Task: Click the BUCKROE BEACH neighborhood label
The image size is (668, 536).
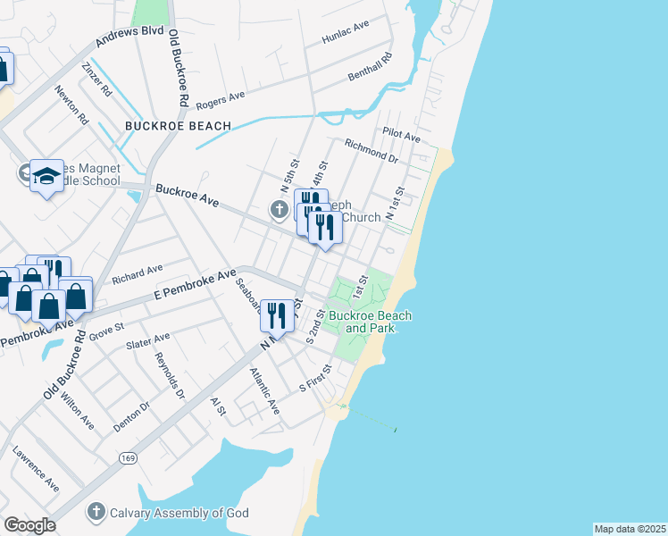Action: click(x=178, y=126)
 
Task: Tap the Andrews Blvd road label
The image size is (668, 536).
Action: click(x=130, y=38)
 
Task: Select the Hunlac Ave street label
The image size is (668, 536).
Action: click(x=347, y=33)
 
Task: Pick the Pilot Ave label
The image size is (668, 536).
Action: click(x=401, y=135)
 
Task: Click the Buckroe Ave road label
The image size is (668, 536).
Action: click(x=187, y=196)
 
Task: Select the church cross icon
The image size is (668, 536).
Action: click(x=280, y=210)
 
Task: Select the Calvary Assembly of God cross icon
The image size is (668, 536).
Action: click(x=96, y=512)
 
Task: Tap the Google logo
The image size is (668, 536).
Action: click(x=29, y=525)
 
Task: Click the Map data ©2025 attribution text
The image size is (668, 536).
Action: click(x=630, y=529)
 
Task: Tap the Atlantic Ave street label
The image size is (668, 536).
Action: click(x=264, y=391)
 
